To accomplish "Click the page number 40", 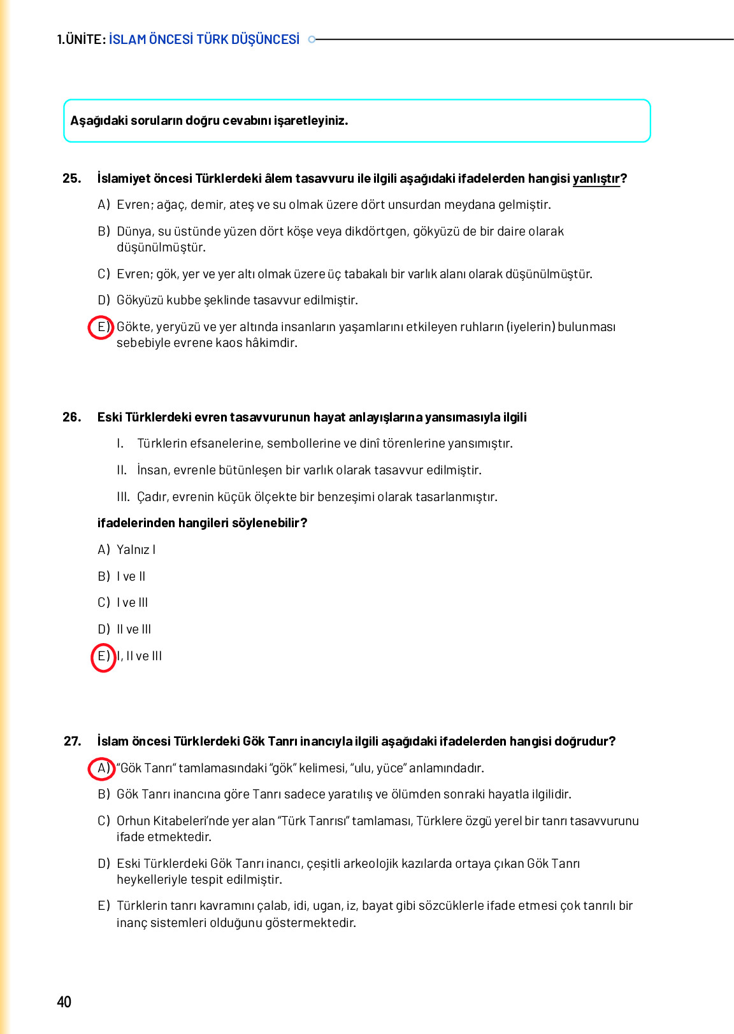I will tap(64, 1002).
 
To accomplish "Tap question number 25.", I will tap(71, 178).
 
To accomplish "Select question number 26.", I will tap(71, 417).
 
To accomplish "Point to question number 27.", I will tap(72, 741).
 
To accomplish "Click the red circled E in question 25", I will tap(101, 327).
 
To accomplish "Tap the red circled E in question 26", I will tap(103, 656).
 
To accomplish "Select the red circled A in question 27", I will tap(101, 768).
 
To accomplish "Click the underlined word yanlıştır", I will tap(596, 179).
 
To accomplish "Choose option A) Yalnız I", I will tap(127, 549).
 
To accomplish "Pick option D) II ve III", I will tap(125, 629).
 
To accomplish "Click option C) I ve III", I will tap(123, 602).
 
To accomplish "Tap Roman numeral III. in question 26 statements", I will tap(123, 497).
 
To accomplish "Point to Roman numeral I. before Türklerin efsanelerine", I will tap(120, 443).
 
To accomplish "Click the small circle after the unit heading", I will tap(312, 39).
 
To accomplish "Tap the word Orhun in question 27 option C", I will tap(134, 821).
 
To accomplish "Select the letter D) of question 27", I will tap(103, 863).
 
